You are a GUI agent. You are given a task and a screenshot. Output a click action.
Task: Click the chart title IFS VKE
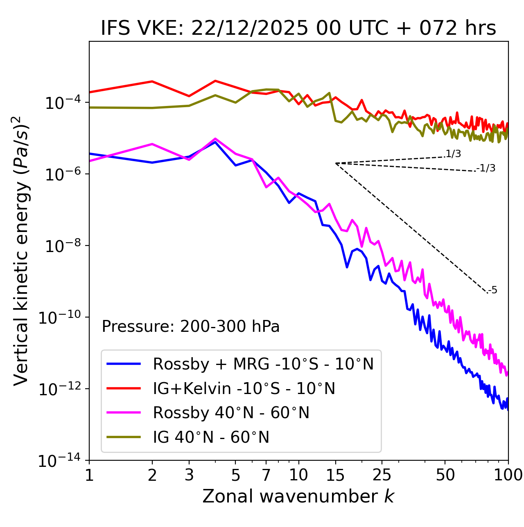(298, 29)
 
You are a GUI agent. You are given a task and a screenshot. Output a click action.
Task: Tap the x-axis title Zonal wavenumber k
(298, 496)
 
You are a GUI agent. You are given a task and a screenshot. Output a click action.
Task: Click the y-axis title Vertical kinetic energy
(21, 250)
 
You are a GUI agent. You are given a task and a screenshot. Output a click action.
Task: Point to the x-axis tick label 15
(335, 475)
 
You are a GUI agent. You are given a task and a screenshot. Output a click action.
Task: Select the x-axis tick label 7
(266, 475)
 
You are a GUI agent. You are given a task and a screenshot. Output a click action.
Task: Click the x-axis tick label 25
(382, 475)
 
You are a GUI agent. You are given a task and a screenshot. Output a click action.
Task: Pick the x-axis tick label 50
(445, 475)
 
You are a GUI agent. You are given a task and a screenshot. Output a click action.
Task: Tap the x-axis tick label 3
(189, 475)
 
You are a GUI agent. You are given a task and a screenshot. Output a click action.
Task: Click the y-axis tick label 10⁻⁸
(61, 246)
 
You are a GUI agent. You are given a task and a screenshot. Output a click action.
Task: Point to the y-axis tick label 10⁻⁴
(61, 103)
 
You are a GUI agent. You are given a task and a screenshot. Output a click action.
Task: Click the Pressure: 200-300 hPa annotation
(191, 327)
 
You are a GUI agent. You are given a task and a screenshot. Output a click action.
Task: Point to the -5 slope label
(493, 291)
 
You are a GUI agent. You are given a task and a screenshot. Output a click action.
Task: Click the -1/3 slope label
(486, 168)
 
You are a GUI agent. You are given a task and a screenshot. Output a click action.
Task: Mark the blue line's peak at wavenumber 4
(215, 142)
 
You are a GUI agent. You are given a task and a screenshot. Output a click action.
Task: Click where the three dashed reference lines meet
(336, 163)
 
